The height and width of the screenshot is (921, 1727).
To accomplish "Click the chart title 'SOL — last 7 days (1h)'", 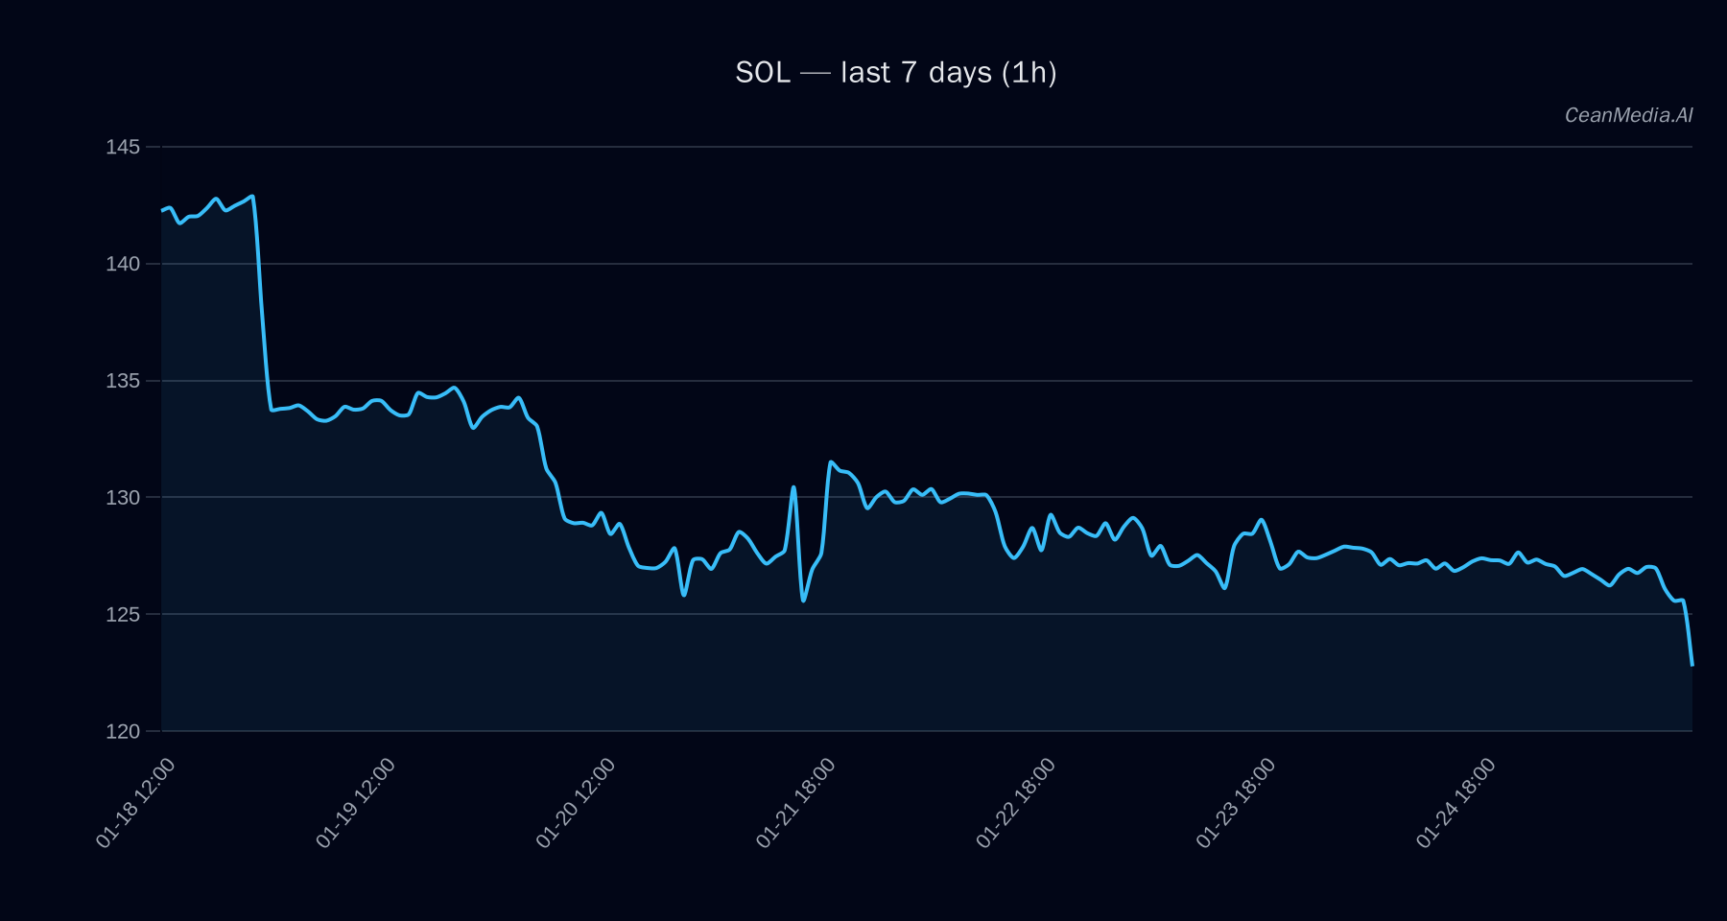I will (895, 73).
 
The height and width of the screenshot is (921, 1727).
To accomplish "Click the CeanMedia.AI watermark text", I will (1628, 115).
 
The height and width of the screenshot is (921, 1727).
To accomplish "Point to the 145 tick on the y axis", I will (123, 147).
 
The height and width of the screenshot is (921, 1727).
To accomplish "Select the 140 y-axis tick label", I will (123, 264).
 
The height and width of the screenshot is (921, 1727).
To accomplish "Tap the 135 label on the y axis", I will (123, 381).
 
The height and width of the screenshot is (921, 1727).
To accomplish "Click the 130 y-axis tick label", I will (123, 497).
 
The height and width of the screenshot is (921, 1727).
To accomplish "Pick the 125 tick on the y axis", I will (123, 614).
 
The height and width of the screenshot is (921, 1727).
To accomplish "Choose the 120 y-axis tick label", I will (123, 731).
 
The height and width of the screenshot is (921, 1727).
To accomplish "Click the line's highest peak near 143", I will (251, 197).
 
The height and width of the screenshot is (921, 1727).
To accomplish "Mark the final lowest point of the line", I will (1692, 664).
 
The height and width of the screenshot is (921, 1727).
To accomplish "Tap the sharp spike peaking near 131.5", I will (831, 462).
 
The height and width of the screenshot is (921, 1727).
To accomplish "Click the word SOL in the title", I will (763, 73).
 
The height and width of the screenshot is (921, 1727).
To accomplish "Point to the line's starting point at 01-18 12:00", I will (162, 210).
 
